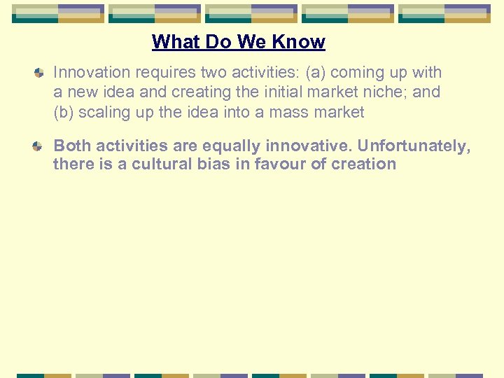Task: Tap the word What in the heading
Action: point(174,42)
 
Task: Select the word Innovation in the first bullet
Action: point(92,72)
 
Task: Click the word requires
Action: point(162,72)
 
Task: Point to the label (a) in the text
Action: point(315,72)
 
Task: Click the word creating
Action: point(204,92)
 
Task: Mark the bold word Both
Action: point(72,146)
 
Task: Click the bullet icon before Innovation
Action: point(40,73)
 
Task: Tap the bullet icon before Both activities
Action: point(40,146)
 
